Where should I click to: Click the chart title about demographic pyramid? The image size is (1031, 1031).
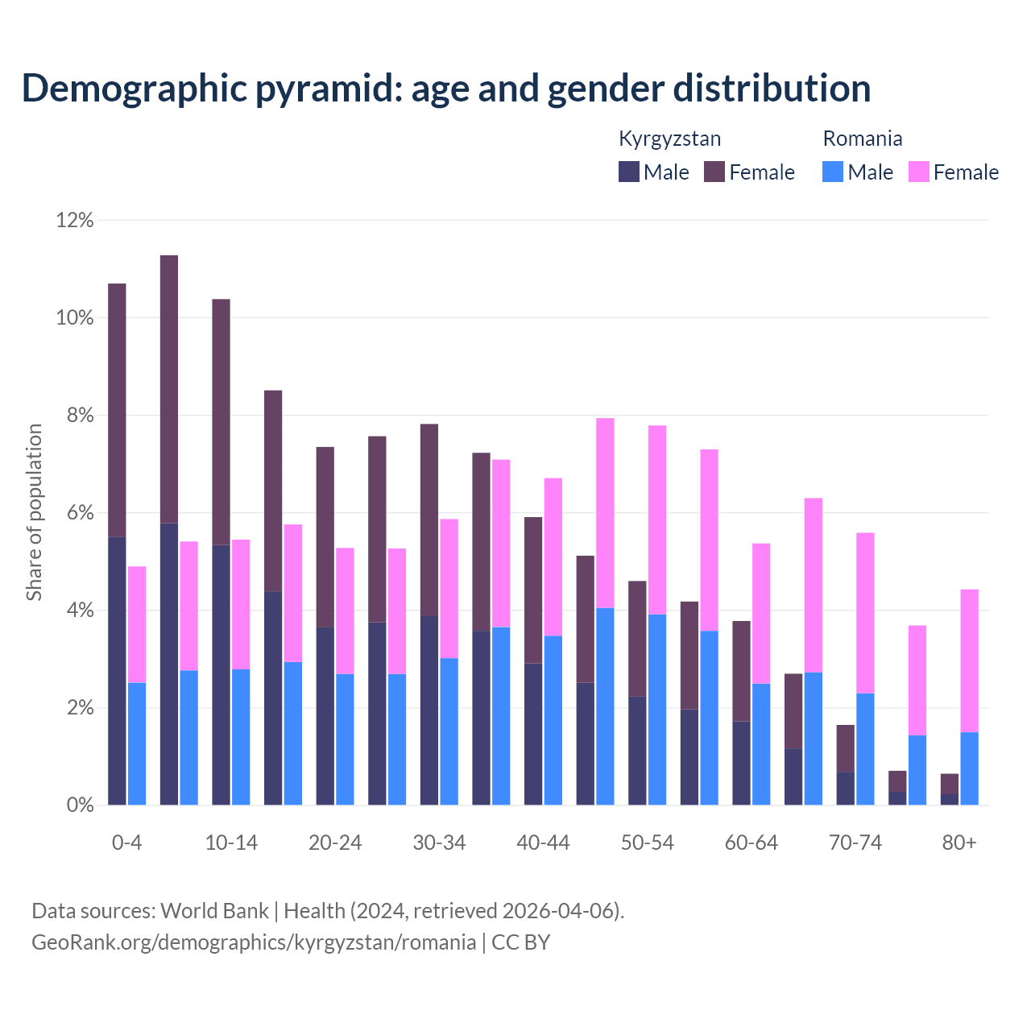click(x=446, y=89)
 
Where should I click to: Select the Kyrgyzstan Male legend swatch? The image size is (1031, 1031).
click(x=629, y=172)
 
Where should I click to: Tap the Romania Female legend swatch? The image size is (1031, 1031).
click(x=918, y=172)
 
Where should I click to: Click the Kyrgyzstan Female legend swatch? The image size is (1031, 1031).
click(x=714, y=172)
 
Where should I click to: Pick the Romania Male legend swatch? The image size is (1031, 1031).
click(x=833, y=172)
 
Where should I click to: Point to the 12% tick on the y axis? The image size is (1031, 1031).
click(x=75, y=220)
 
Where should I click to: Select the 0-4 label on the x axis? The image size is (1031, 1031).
click(x=127, y=843)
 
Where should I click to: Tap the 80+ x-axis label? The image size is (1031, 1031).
click(x=959, y=843)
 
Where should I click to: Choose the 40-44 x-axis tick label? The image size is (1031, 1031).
click(x=543, y=843)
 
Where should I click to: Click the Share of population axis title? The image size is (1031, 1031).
click(x=34, y=512)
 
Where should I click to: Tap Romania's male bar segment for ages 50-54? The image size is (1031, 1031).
click(x=657, y=709)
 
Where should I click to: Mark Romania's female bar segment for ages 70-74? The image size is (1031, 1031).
click(x=865, y=612)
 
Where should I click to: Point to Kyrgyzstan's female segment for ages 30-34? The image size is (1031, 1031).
click(x=429, y=520)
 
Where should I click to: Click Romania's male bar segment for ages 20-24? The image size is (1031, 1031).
click(x=345, y=739)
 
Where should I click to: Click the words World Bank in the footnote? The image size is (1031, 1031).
click(x=214, y=911)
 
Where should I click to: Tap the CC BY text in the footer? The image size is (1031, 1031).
click(x=520, y=942)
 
